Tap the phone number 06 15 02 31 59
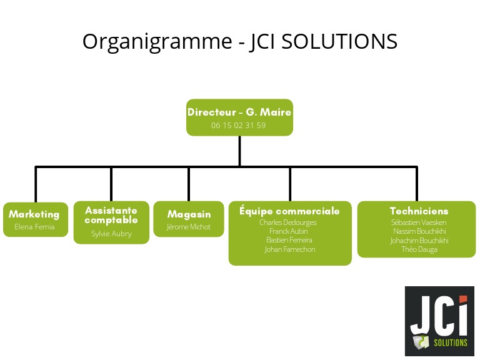click(239, 126)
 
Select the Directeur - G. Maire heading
click(239, 112)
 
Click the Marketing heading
click(34, 214)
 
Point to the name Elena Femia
click(34, 227)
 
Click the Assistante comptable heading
click(111, 215)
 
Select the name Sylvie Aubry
click(111, 234)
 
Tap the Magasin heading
click(189, 214)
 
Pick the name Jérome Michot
click(189, 227)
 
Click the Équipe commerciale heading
click(290, 211)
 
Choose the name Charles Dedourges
click(288, 222)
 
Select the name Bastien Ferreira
click(289, 240)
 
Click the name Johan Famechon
click(289, 249)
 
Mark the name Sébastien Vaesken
click(419, 222)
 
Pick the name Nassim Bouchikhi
click(419, 231)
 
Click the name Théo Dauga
click(419, 249)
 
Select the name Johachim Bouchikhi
click(419, 241)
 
